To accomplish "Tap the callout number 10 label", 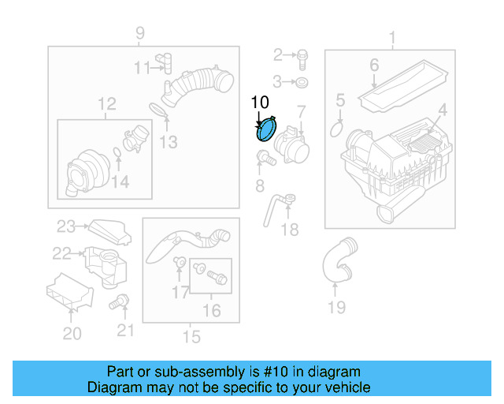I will [260, 102].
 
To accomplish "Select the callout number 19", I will [336, 307].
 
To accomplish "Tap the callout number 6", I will [374, 65].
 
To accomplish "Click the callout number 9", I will [140, 33].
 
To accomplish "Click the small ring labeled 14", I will [117, 152].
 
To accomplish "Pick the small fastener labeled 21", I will [120, 300].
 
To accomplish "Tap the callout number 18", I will [290, 230].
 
